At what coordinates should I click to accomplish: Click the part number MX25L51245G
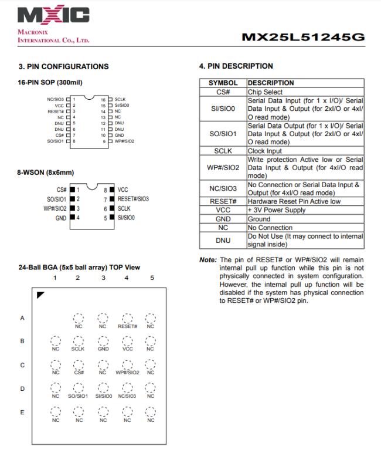[x=303, y=38]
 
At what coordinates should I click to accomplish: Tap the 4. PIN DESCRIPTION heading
[x=236, y=66]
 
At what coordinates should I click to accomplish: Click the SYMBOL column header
[x=223, y=83]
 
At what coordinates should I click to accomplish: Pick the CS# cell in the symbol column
[x=223, y=92]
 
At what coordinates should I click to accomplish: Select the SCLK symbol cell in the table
[x=223, y=151]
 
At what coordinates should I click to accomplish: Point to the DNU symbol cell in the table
[x=223, y=240]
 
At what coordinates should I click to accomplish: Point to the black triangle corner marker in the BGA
[x=40, y=295]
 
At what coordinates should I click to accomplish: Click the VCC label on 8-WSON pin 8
[x=123, y=190]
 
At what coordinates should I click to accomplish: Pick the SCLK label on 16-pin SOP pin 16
[x=121, y=100]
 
